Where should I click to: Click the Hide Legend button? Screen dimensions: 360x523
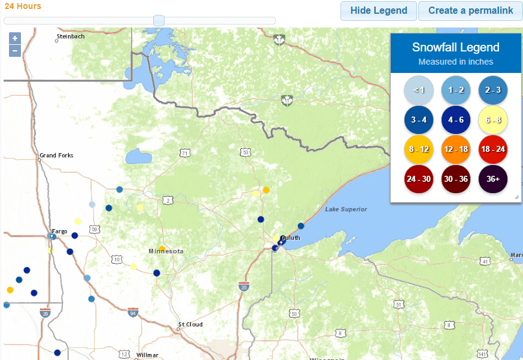coord(378,11)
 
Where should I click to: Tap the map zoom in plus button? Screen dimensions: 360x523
coord(15,38)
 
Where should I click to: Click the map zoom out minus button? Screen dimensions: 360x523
coord(15,51)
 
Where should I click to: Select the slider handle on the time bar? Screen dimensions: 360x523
coord(159,20)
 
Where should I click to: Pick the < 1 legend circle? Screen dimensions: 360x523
coord(418,90)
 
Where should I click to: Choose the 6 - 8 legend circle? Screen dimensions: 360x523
coord(493,120)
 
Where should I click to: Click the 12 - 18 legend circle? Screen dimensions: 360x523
coord(455,150)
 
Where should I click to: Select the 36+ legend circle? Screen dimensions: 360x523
coord(493,179)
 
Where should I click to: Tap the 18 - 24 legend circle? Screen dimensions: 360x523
coord(493,150)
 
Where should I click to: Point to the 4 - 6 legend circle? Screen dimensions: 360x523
coord(455,120)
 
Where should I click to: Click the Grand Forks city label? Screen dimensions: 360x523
coord(56,155)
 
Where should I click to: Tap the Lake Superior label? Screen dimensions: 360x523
coord(346,209)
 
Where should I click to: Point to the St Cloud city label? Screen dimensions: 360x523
coord(190,325)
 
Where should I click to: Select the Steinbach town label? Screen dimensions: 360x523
coord(71,36)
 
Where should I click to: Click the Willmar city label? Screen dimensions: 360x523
coord(147,355)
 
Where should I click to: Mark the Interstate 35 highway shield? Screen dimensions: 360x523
coord(244,287)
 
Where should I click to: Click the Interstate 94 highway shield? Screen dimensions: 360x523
coord(133,312)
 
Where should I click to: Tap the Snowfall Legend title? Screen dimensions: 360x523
coord(455,48)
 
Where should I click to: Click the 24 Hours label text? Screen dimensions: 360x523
coord(23,6)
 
